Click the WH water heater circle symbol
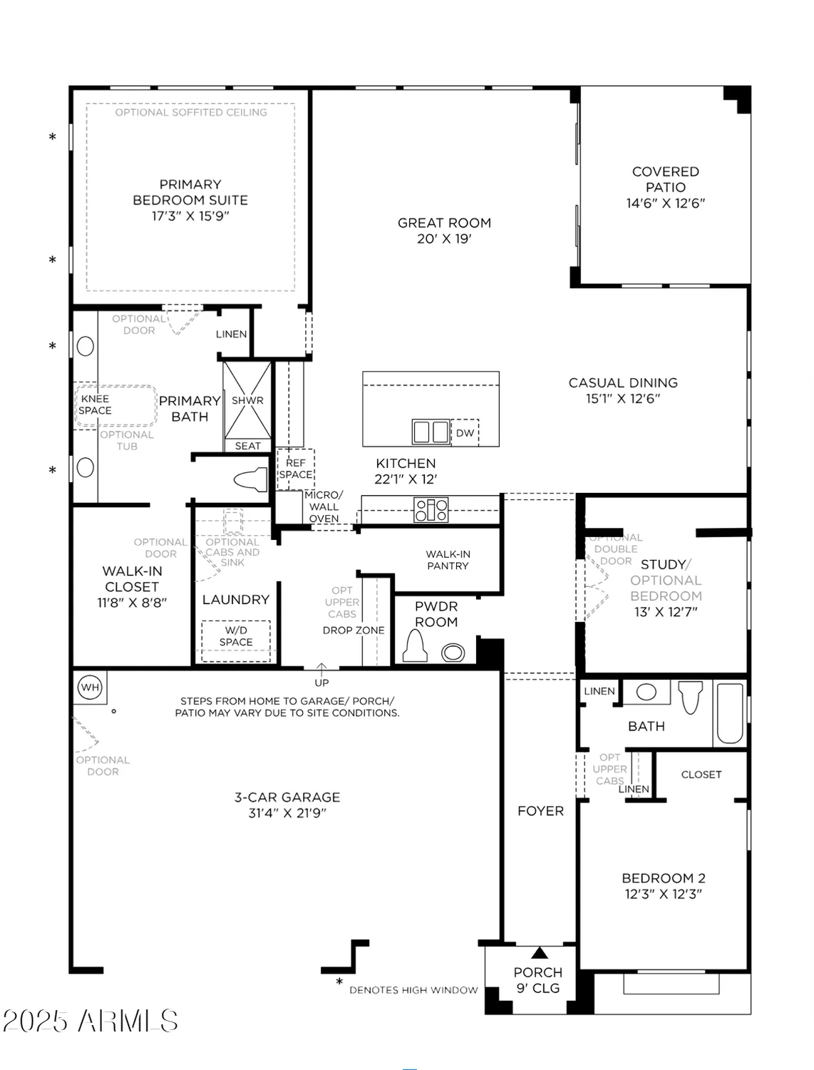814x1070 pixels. pos(90,688)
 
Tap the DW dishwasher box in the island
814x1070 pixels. pos(465,433)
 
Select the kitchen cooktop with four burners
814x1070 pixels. pos(431,509)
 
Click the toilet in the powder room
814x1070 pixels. pos(415,646)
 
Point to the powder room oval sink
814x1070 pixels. pos(453,652)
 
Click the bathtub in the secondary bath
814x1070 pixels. pos(729,713)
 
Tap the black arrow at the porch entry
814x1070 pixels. pos(540,952)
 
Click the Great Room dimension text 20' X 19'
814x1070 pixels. pos(444,239)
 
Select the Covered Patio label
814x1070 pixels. pos(665,179)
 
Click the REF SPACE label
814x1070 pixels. pos(295,469)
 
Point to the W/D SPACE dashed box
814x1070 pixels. pos(236,637)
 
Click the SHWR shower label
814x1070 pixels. pos(247,400)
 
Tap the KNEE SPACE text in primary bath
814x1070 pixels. pos(95,404)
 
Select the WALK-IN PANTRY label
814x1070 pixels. pos(448,560)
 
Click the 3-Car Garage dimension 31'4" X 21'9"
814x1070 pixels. pos(287,812)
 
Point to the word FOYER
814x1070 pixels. pos(540,811)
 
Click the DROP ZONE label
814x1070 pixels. pos(354,631)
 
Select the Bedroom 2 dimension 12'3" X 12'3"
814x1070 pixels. pos(663,894)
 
